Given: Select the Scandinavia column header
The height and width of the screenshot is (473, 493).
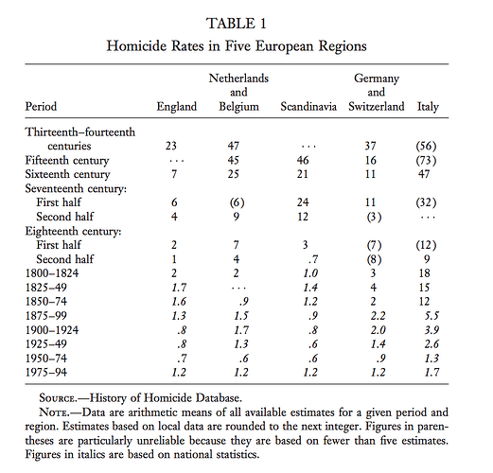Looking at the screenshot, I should click(x=308, y=107).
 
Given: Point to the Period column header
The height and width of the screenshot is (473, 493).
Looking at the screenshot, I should click(x=43, y=107).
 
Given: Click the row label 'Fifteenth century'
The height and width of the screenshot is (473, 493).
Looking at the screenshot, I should click(x=67, y=162).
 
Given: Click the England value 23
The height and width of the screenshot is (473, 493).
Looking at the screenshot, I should click(x=172, y=147).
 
